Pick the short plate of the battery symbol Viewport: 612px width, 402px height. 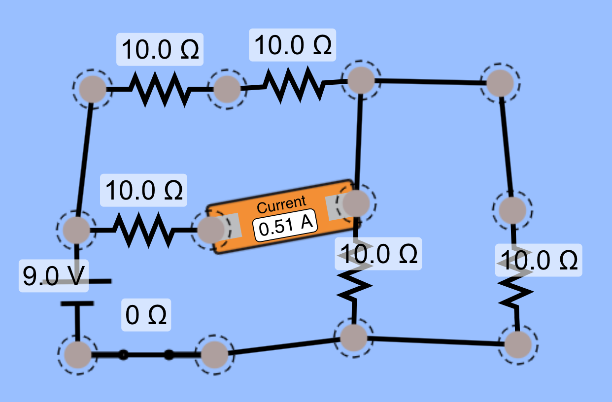pyautogui.click(x=77, y=303)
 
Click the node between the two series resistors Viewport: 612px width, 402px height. pyautogui.click(x=227, y=89)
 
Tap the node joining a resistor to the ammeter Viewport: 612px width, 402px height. pyautogui.click(x=211, y=229)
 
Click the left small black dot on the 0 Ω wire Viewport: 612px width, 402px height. pyautogui.click(x=123, y=354)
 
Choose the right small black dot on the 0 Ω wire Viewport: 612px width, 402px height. pyautogui.click(x=169, y=354)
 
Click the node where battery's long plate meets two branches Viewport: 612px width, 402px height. pyautogui.click(x=76, y=230)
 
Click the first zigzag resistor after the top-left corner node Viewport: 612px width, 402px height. pyautogui.click(x=159, y=89)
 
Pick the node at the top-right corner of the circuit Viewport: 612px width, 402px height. pyautogui.click(x=500, y=83)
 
